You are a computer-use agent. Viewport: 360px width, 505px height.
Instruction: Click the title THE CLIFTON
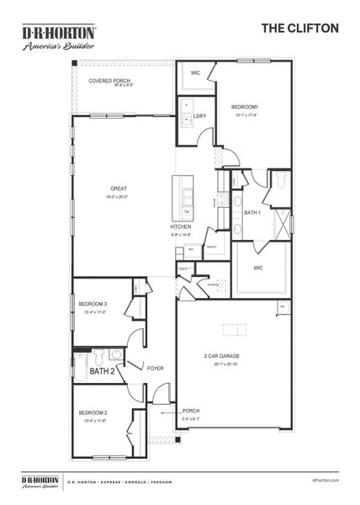300,28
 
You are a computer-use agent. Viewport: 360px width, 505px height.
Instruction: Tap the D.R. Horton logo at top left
58,38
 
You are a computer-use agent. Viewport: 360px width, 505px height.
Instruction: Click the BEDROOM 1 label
245,107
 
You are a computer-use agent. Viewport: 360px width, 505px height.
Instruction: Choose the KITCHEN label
181,227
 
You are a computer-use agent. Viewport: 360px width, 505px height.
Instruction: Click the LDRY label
200,115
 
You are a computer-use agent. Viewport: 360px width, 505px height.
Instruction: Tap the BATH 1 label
252,213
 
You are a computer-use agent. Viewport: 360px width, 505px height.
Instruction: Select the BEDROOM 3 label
93,303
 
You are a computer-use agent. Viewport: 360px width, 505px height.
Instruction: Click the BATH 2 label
102,370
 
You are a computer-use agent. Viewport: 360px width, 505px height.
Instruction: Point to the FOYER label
155,368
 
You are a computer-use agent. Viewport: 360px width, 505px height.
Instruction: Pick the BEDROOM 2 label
93,412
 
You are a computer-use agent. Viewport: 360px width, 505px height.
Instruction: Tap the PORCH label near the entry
191,411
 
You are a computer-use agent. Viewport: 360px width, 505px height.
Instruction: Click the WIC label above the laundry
194,73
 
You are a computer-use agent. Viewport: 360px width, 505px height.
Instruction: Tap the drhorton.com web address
325,481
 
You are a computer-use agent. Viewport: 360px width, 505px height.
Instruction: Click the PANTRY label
212,247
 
